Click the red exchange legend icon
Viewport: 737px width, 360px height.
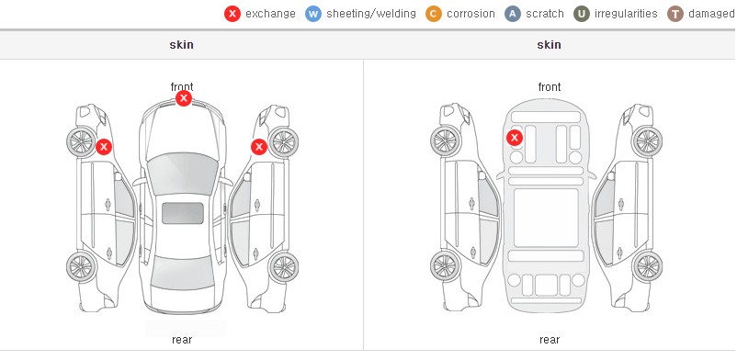point(232,14)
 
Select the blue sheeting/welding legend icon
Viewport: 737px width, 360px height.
point(313,14)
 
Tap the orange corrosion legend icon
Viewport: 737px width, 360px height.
point(434,14)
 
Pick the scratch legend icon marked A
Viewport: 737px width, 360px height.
point(513,14)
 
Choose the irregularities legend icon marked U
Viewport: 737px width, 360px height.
point(582,14)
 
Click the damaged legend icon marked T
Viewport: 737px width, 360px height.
point(675,14)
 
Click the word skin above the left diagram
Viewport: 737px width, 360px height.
point(181,45)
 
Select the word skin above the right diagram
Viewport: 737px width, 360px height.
point(549,45)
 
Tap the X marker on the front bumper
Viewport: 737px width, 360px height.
point(184,98)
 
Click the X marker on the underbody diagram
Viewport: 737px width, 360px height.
point(515,138)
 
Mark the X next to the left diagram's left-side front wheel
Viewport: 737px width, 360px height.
point(104,147)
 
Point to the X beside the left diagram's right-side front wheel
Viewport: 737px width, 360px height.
point(259,147)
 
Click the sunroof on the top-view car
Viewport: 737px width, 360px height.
point(183,213)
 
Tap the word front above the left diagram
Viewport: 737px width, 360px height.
point(182,86)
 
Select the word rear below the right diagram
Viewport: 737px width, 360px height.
point(550,340)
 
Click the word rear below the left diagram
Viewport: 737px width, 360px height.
point(182,340)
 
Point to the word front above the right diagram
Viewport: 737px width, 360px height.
point(550,87)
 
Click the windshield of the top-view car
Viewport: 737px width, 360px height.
point(183,174)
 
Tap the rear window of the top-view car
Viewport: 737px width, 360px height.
point(183,274)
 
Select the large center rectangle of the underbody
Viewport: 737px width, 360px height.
point(546,218)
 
